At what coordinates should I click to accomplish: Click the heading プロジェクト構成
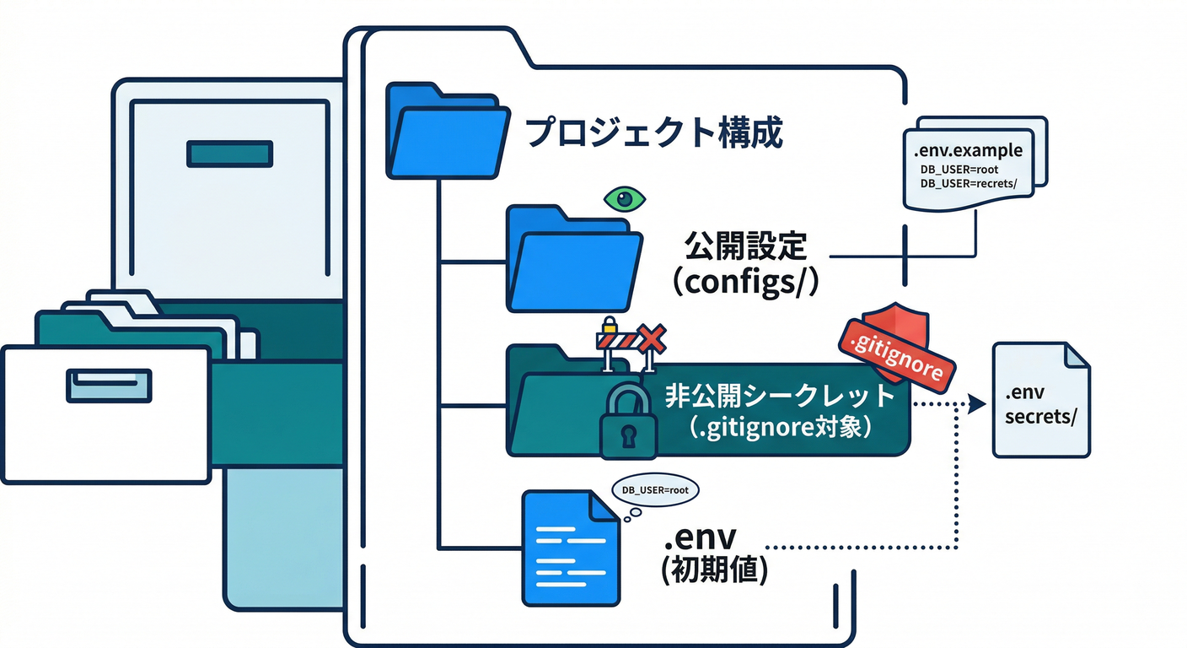(653, 132)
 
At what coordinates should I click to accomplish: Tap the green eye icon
(625, 199)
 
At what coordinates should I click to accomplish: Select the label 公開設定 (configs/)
(746, 263)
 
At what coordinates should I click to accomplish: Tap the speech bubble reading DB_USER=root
(648, 490)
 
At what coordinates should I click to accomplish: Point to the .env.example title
(968, 151)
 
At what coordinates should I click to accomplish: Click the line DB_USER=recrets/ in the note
(975, 183)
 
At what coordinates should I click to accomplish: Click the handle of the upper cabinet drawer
(229, 154)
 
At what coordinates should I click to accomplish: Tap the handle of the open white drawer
(109, 384)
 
